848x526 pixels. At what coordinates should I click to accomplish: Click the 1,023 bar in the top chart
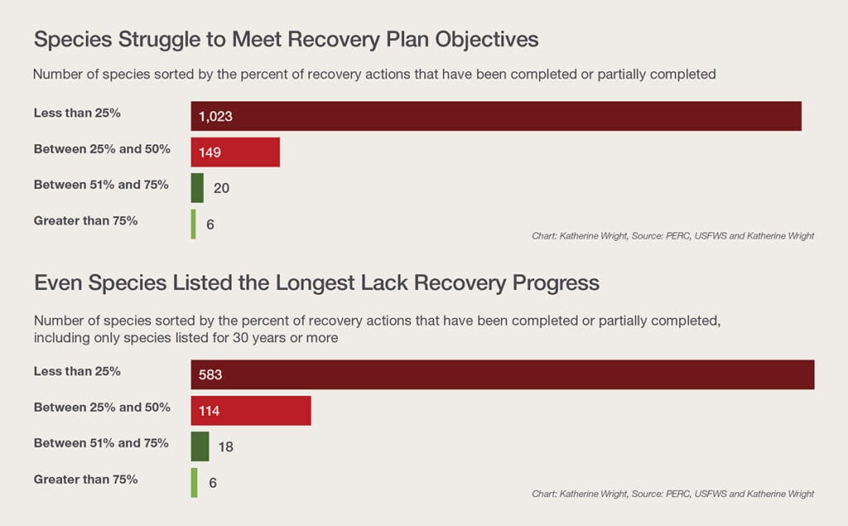496,116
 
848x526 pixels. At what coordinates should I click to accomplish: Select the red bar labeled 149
235,152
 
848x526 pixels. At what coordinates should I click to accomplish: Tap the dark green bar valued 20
197,188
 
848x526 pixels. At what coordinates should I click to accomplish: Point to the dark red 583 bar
503,374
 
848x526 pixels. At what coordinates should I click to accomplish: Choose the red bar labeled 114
251,411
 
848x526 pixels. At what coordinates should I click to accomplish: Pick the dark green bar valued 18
200,446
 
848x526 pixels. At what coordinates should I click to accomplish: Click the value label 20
221,188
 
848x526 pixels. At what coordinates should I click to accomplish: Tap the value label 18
225,447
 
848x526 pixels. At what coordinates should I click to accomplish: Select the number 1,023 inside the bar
215,116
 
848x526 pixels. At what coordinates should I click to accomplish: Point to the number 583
210,374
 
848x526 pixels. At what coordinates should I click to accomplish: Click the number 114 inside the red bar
210,411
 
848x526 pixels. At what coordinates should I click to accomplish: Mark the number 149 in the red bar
210,152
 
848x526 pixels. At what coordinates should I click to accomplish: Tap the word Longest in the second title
316,283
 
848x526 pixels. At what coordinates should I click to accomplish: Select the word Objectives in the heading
487,40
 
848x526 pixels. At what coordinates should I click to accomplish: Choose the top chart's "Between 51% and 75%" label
101,185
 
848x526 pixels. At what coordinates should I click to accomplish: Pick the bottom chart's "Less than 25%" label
77,371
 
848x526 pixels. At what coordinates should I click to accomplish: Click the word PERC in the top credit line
677,236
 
